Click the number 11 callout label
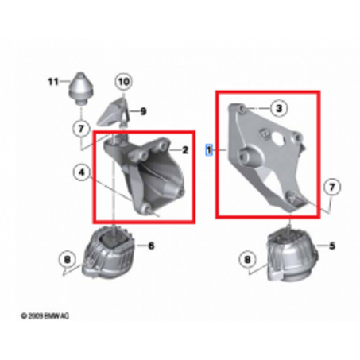tap(54, 80)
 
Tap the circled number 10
tap(122, 81)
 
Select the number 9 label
tap(144, 111)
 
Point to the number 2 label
tap(185, 149)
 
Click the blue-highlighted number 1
tap(208, 149)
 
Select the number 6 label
tap(151, 246)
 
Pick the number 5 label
tap(332, 246)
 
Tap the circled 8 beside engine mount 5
tap(249, 258)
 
